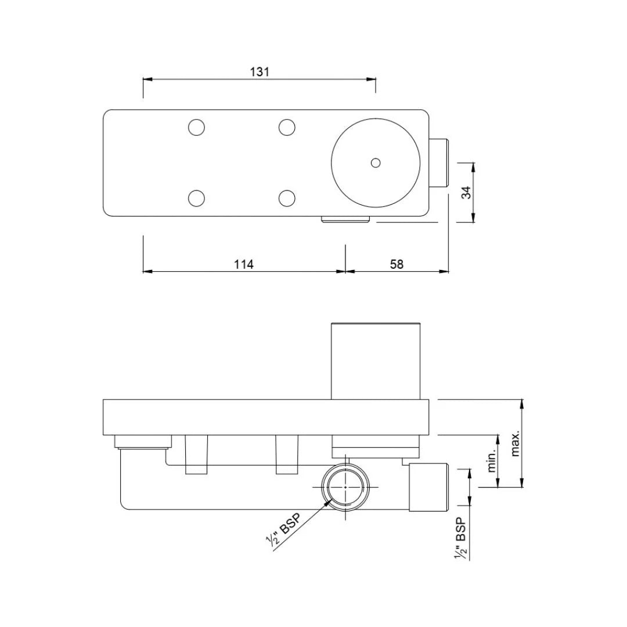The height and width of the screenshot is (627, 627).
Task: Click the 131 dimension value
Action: pyautogui.click(x=260, y=72)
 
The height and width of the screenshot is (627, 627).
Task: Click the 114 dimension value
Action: pyautogui.click(x=244, y=265)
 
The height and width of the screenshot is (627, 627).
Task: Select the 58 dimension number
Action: pyautogui.click(x=397, y=265)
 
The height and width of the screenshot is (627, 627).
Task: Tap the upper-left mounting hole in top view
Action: pyautogui.click(x=197, y=127)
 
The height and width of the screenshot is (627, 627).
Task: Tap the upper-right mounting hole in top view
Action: pyautogui.click(x=287, y=127)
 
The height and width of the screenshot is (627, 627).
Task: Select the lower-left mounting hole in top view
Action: pyautogui.click(x=197, y=199)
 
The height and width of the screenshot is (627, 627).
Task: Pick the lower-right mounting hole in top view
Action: pyautogui.click(x=287, y=199)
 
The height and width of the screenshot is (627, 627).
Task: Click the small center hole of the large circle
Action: pyautogui.click(x=376, y=163)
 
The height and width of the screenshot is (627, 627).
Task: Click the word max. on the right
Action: pyautogui.click(x=515, y=444)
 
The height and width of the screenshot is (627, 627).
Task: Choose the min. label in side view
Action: pyautogui.click(x=492, y=460)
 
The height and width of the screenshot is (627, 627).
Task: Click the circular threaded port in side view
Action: pyautogui.click(x=345, y=487)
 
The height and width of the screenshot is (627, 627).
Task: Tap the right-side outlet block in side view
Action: pyautogui.click(x=429, y=488)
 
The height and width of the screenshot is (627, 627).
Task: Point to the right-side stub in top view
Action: pyautogui.click(x=439, y=163)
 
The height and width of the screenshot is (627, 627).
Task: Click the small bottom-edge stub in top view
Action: pyautogui.click(x=346, y=219)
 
